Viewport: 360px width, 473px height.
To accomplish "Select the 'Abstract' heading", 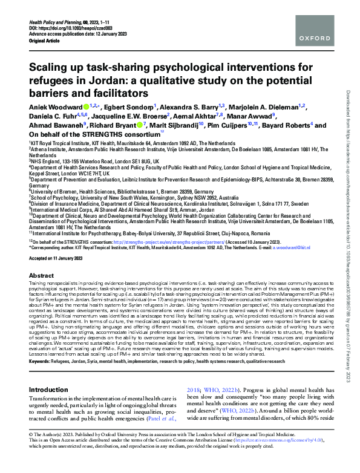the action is tap(41, 275).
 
